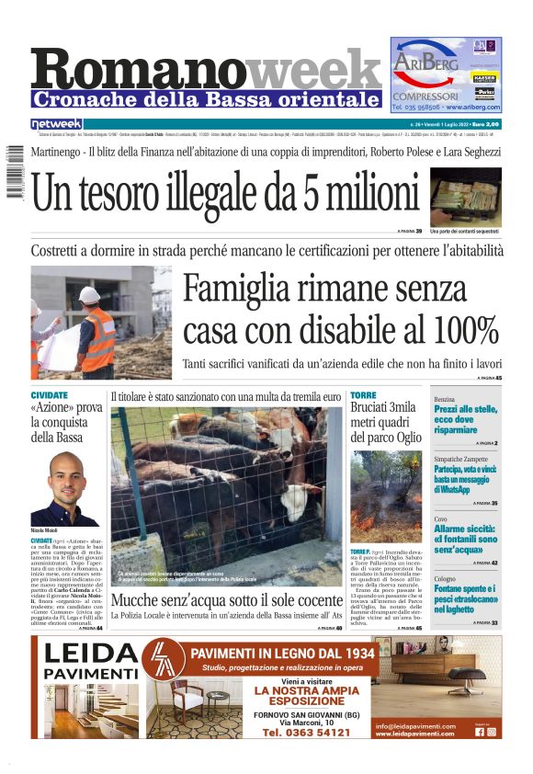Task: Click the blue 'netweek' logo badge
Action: [x=56, y=123]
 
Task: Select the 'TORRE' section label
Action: [x=363, y=395]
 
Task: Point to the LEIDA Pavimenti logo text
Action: [x=90, y=662]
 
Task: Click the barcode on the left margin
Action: [x=12, y=170]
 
